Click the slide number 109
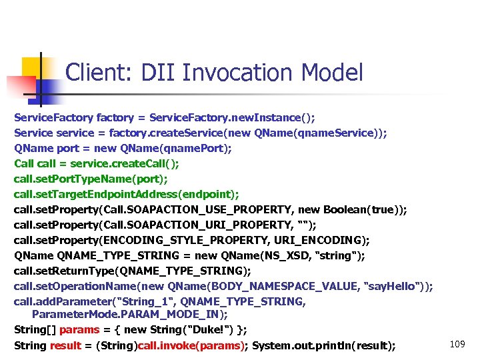[457, 343]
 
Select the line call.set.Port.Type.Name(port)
[91, 179]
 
